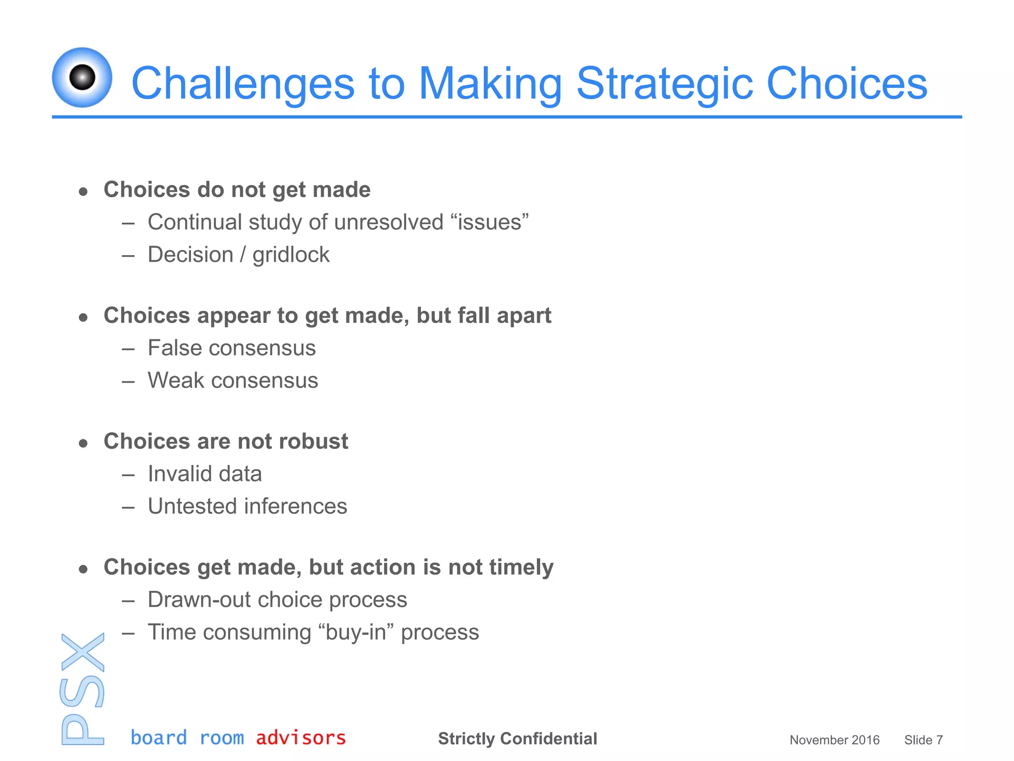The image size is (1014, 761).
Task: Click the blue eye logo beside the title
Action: [82, 77]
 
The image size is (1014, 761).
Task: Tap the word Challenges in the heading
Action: [243, 83]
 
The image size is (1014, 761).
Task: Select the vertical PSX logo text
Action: [83, 689]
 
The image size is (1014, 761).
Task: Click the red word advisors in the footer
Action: [301, 738]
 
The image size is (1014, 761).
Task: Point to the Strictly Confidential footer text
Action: [517, 738]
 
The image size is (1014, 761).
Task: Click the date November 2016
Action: [834, 740]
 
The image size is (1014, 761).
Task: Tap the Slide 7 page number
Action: [923, 740]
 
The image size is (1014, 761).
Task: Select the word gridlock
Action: [291, 255]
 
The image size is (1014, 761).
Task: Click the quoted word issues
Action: [490, 222]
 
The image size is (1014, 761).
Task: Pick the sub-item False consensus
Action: [231, 348]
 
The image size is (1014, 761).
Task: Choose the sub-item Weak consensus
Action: [233, 380]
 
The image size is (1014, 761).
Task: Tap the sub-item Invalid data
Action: [204, 474]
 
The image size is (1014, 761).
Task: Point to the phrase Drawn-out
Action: [200, 599]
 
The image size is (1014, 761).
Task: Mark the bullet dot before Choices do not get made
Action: [83, 191]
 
